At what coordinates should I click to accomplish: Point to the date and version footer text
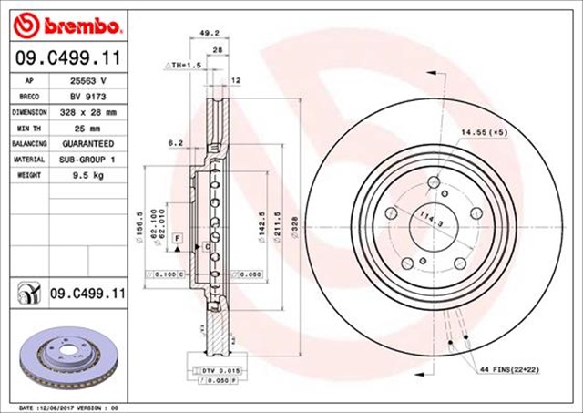tap(69, 407)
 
